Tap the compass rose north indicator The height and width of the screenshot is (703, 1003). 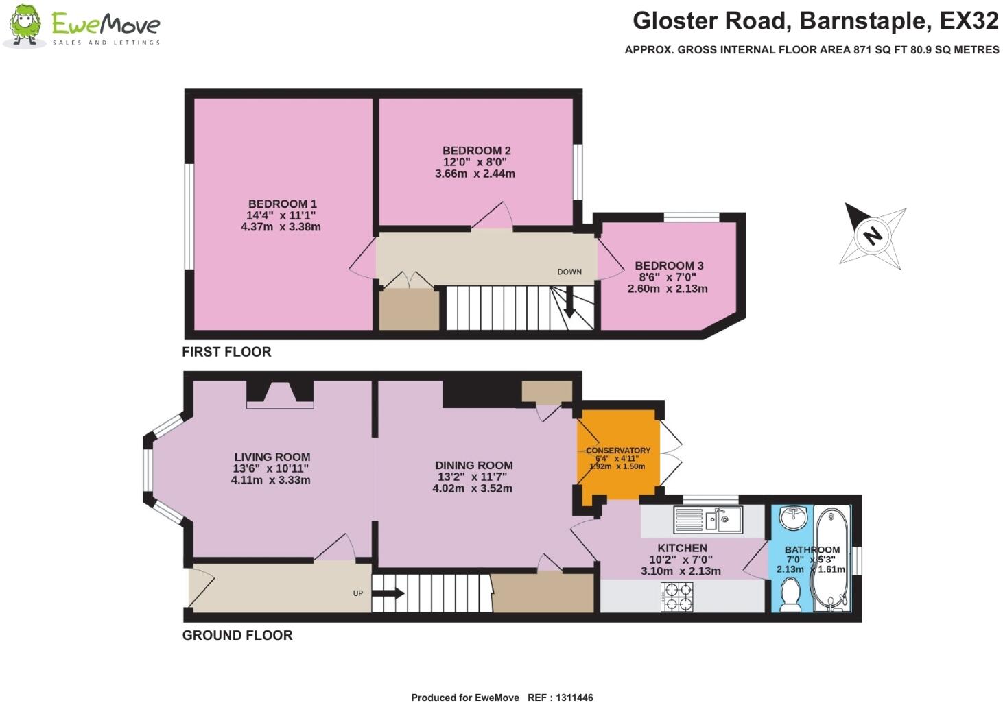(x=872, y=236)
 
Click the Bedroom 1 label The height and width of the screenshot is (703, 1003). (x=282, y=204)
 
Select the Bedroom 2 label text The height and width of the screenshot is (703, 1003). (x=476, y=151)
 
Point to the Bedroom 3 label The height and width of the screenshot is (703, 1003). (x=669, y=265)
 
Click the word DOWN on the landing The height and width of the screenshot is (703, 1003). (x=569, y=272)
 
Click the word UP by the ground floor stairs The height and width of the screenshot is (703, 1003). (x=357, y=593)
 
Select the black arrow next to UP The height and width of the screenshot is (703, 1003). (x=389, y=593)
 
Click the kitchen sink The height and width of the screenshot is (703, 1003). (x=707, y=520)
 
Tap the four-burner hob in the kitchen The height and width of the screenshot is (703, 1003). (x=676, y=596)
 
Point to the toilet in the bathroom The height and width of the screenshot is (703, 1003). (x=791, y=594)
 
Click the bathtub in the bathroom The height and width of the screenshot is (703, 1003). (x=829, y=558)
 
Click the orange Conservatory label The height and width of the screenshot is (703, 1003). (x=618, y=451)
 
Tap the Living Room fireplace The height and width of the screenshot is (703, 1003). (x=280, y=394)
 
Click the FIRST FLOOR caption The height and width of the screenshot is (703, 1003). (x=226, y=352)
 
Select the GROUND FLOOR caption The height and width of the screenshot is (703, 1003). (x=237, y=635)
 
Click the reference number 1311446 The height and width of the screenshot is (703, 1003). (x=570, y=698)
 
